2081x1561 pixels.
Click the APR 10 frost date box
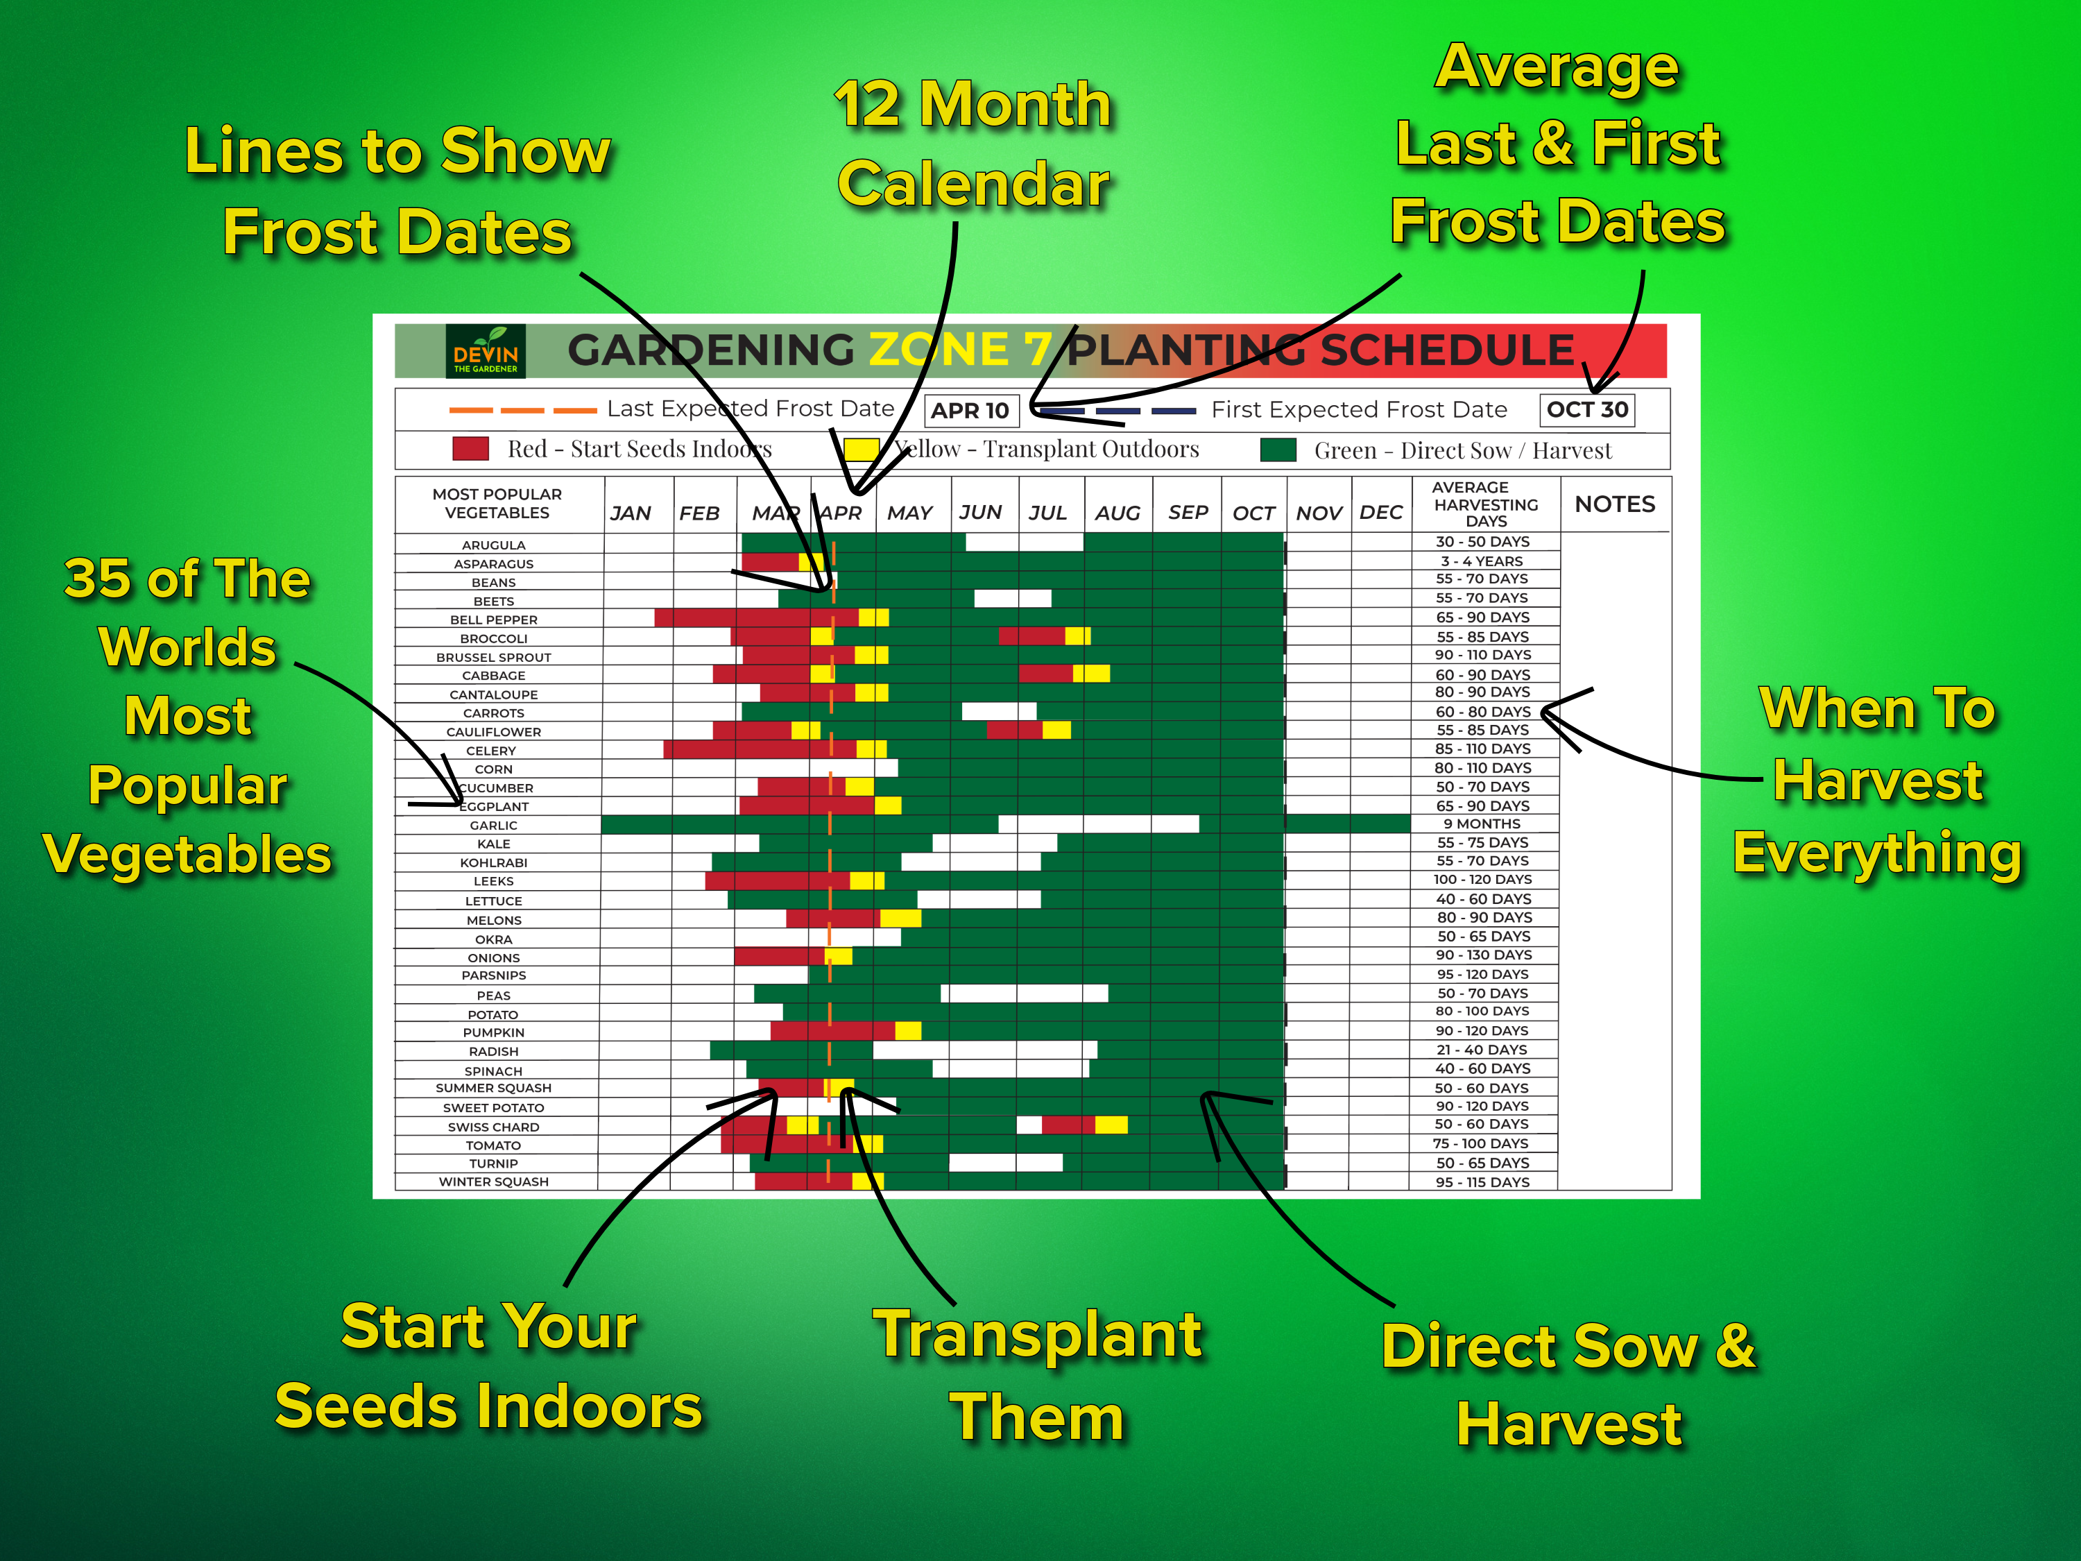coord(970,410)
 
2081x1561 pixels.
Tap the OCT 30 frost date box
coord(1587,409)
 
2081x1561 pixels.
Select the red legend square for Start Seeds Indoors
coord(470,449)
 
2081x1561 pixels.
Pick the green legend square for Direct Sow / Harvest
coord(1278,450)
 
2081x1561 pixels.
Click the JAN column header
coord(631,513)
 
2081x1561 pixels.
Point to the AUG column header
coord(1117,513)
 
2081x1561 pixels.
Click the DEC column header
coord(1380,513)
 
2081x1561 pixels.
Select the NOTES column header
coord(1614,504)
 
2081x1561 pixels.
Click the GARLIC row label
coord(493,825)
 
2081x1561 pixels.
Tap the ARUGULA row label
coord(493,545)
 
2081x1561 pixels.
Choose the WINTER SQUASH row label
coord(493,1182)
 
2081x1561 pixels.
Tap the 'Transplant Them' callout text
coord(1037,1376)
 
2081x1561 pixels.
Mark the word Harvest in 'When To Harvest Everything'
coord(1878,781)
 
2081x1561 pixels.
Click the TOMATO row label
coord(493,1145)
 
